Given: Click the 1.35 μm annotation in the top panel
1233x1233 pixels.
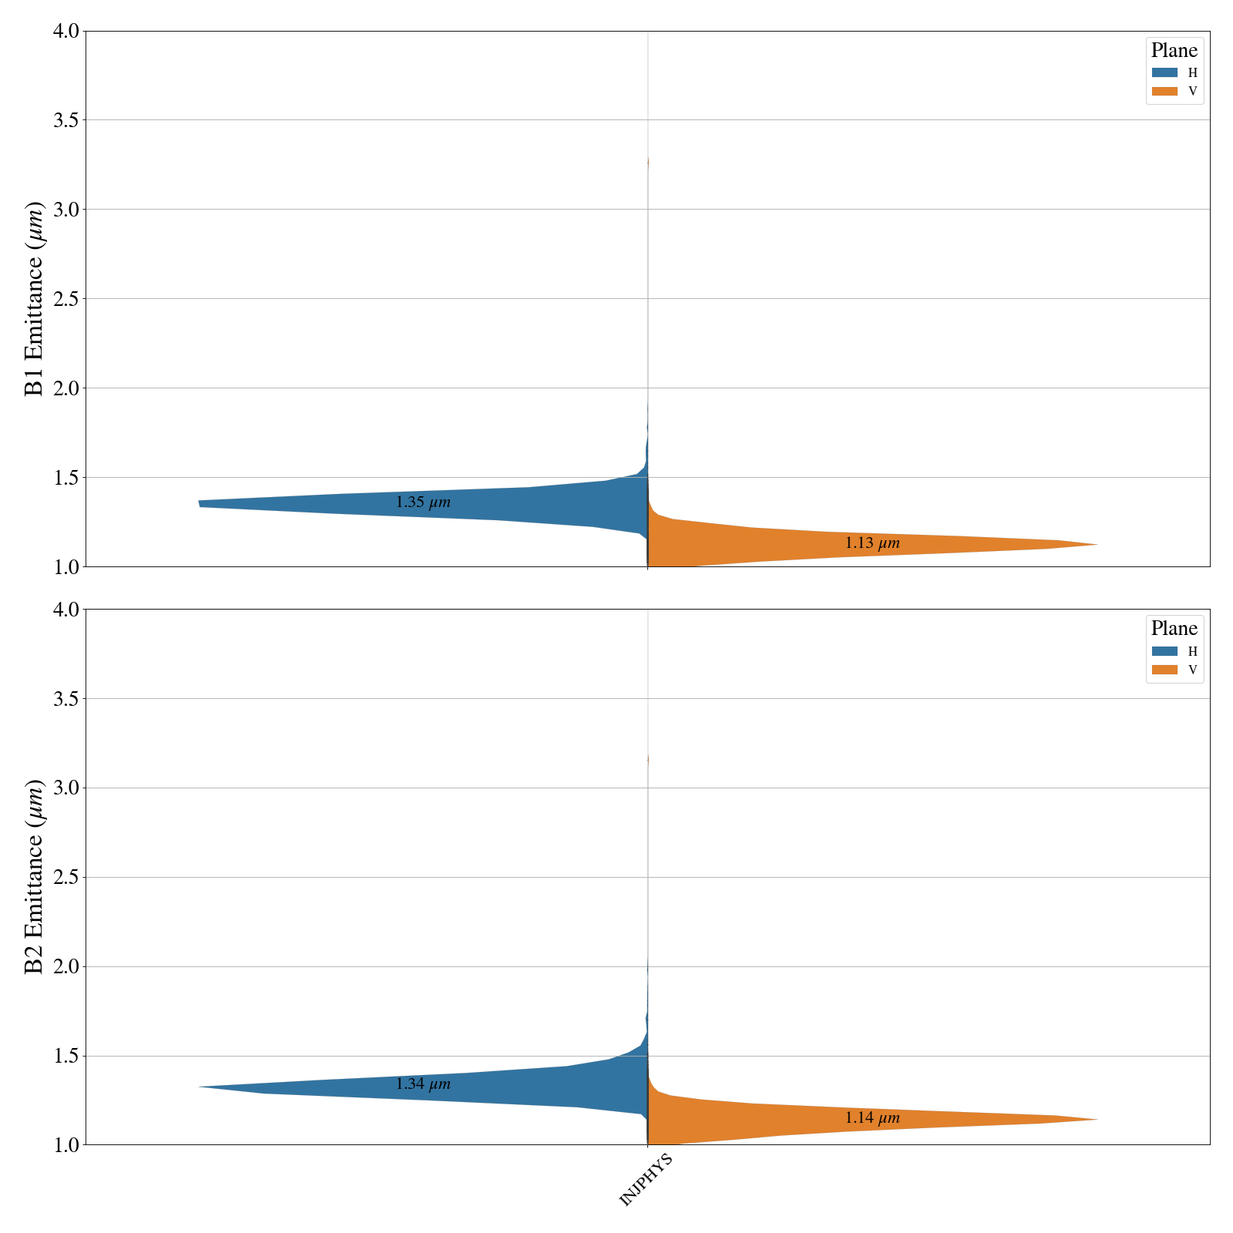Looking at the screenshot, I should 423,502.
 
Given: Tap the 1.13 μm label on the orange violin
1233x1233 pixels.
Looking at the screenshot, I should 872,543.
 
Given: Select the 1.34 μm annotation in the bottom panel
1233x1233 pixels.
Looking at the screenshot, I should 423,1084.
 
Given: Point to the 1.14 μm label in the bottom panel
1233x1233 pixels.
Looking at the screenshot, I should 872,1118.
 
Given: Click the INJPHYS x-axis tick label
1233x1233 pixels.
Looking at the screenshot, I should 646,1179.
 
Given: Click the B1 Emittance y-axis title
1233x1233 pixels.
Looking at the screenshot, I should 35,298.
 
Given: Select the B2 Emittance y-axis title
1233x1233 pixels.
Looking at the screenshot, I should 35,877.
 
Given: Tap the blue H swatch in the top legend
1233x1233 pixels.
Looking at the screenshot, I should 1164,72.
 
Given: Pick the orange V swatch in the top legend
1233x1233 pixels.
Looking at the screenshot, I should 1164,91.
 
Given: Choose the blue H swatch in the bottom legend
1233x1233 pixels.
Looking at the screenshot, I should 1164,651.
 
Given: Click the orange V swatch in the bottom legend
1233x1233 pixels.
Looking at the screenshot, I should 1164,670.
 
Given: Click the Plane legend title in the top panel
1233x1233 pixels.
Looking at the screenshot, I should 1174,51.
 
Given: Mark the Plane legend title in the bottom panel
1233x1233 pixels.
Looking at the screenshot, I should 1174,629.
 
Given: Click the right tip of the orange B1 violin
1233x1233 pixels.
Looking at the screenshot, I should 1096,545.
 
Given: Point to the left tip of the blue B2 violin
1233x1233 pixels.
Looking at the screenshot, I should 200,1087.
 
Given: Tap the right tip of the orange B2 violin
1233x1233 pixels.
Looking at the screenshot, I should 1096,1120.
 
